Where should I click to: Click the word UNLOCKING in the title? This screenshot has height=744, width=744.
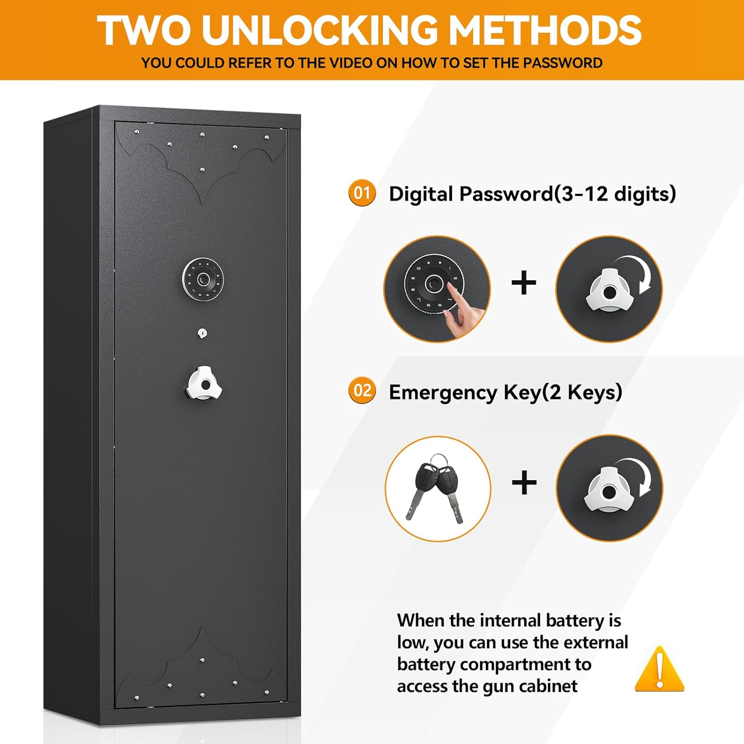click(x=319, y=31)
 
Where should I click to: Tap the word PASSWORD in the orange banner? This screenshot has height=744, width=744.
click(x=562, y=63)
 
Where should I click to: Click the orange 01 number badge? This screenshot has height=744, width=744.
click(x=362, y=193)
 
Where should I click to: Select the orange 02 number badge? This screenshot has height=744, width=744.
click(x=362, y=391)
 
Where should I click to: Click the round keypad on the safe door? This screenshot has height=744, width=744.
click(x=203, y=279)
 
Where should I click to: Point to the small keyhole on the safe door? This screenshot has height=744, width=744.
click(x=202, y=333)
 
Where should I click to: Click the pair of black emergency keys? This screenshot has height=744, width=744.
click(x=436, y=489)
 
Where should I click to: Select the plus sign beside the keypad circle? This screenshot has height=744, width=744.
click(x=524, y=283)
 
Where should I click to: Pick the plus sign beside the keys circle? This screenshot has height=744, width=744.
click(x=524, y=483)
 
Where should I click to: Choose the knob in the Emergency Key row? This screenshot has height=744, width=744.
click(x=609, y=489)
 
